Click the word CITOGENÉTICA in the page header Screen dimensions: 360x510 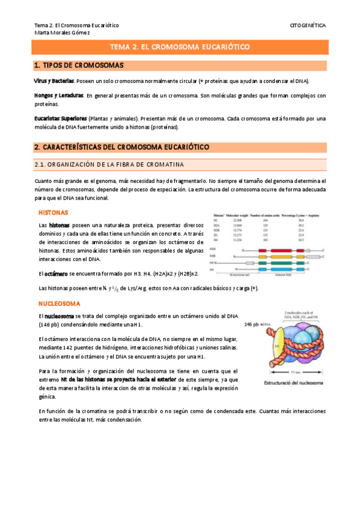coord(307,25)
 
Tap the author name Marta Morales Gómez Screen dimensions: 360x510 coord(62,33)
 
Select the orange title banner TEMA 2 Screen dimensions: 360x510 coord(180,47)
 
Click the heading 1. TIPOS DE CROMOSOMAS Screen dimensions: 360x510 coord(79,65)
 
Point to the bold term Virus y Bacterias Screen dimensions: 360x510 coord(54,81)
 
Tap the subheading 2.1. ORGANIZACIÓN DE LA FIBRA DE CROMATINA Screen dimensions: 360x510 coord(109,164)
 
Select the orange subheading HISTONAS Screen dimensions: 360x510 coord(53,213)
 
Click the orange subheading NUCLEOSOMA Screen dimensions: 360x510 coord(58,304)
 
